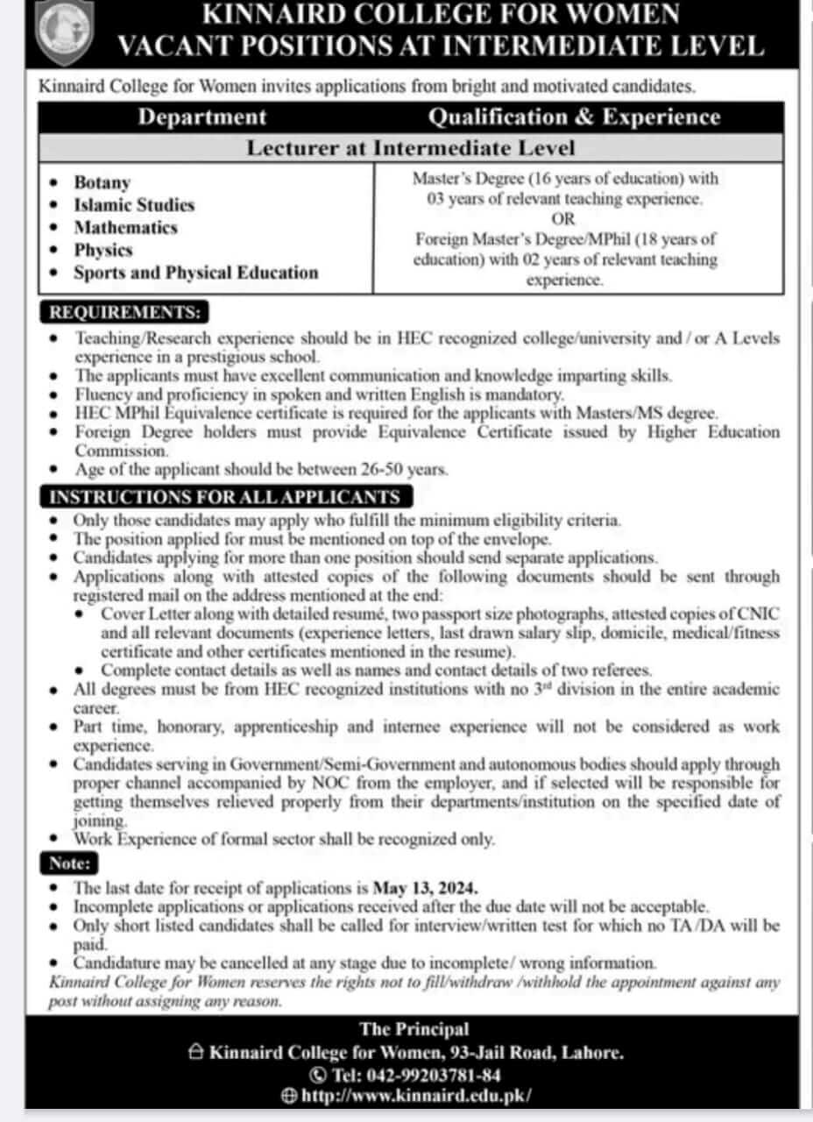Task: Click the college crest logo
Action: coord(64,33)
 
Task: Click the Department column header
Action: coord(201,117)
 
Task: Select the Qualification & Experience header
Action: coord(575,117)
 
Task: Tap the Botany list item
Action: coord(102,182)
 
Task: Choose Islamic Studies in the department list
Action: coord(133,205)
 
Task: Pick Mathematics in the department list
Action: coord(125,228)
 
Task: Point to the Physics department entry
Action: coord(103,250)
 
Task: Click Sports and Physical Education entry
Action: coord(195,273)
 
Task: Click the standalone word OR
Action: coord(564,218)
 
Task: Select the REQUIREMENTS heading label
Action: coord(124,312)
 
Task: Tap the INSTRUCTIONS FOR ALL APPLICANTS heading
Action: coord(223,497)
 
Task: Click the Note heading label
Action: coord(69,863)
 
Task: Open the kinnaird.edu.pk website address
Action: coord(416,1096)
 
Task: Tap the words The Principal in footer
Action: coord(414,1030)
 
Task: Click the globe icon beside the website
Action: coord(289,1096)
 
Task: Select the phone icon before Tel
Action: coord(317,1074)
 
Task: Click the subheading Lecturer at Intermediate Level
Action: coord(411,147)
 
